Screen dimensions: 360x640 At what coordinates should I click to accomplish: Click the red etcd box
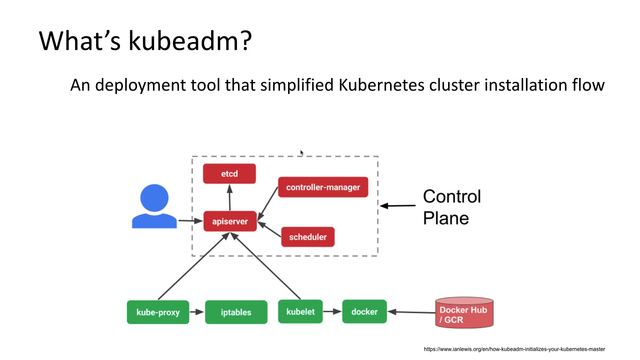pos(229,174)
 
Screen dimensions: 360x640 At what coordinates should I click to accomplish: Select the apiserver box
pos(230,221)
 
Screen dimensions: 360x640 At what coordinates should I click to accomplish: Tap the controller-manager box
pos(323,187)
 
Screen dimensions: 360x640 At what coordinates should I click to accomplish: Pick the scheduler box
pos(308,237)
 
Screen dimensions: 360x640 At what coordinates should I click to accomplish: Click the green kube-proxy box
pos(158,312)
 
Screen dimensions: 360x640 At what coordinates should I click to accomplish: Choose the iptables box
pos(236,312)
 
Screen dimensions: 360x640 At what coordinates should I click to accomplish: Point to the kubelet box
pos(300,312)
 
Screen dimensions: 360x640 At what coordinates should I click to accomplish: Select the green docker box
pos(364,312)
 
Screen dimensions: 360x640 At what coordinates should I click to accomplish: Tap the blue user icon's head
pos(154,198)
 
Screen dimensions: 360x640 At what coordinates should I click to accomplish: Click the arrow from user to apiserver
pos(190,221)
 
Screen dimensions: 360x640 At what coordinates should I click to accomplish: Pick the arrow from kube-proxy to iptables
pos(197,312)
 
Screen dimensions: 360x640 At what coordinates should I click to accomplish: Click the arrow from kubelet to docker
pos(332,312)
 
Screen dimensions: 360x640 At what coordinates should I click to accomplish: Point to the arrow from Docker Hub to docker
pos(411,312)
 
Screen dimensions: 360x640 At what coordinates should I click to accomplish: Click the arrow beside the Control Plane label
pos(398,206)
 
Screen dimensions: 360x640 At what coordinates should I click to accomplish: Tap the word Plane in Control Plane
pos(446,218)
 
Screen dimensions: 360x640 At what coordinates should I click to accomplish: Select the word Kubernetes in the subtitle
pos(381,85)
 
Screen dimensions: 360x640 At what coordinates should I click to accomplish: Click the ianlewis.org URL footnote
pos(514,349)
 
